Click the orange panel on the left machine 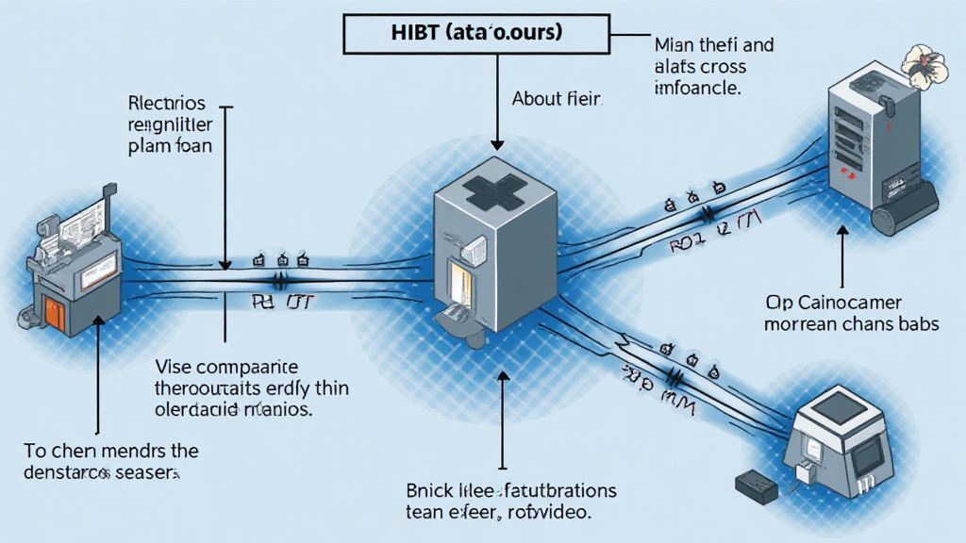click(x=55, y=315)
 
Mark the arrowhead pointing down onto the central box click(x=496, y=144)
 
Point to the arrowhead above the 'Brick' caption click(x=503, y=376)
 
